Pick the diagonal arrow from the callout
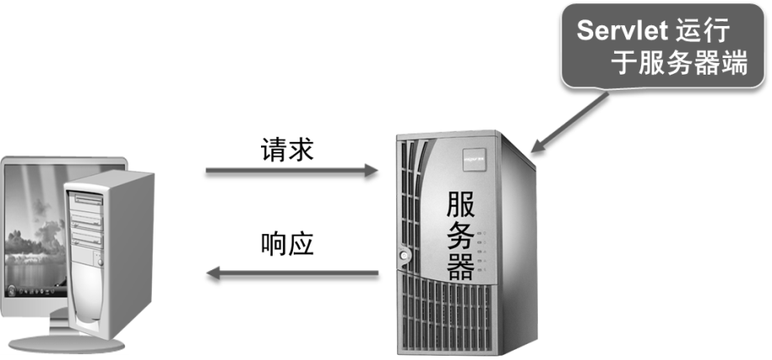571,122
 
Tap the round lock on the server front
406,253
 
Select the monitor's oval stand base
50,342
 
